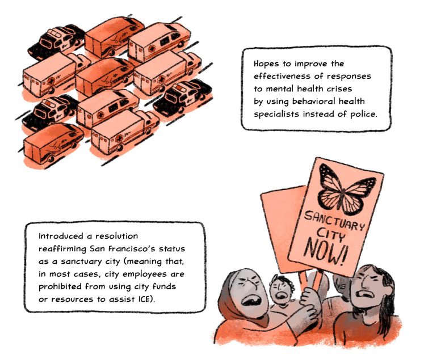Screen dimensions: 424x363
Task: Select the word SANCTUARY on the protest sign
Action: pyautogui.click(x=334, y=220)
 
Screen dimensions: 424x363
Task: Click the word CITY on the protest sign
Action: pyautogui.click(x=331, y=234)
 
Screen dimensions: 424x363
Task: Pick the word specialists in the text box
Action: pyautogui.click(x=276, y=115)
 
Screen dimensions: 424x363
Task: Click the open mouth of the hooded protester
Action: pyautogui.click(x=252, y=299)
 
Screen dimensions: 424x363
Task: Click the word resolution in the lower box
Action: pyautogui.click(x=116, y=236)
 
